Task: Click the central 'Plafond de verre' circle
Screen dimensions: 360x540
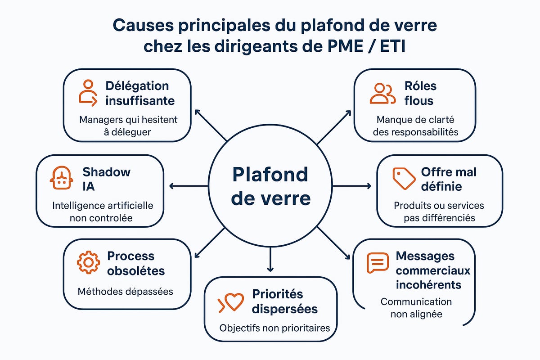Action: coord(270,186)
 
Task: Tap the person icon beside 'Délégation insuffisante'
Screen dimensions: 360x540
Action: coord(88,93)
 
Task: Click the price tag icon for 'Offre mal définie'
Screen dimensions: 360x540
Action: coord(403,179)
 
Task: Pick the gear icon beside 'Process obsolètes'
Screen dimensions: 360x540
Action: coord(88,263)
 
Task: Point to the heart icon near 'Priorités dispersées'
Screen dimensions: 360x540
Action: coord(231,302)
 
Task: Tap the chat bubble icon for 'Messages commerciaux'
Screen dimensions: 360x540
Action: coord(377,263)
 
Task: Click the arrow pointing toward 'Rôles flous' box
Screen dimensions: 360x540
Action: coord(335,126)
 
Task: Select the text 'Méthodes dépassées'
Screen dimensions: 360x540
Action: coord(125,291)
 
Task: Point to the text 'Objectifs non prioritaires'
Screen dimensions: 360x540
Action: coord(274,328)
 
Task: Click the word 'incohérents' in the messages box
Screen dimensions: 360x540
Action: coord(428,285)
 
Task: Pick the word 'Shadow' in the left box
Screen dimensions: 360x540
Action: coord(107,171)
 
